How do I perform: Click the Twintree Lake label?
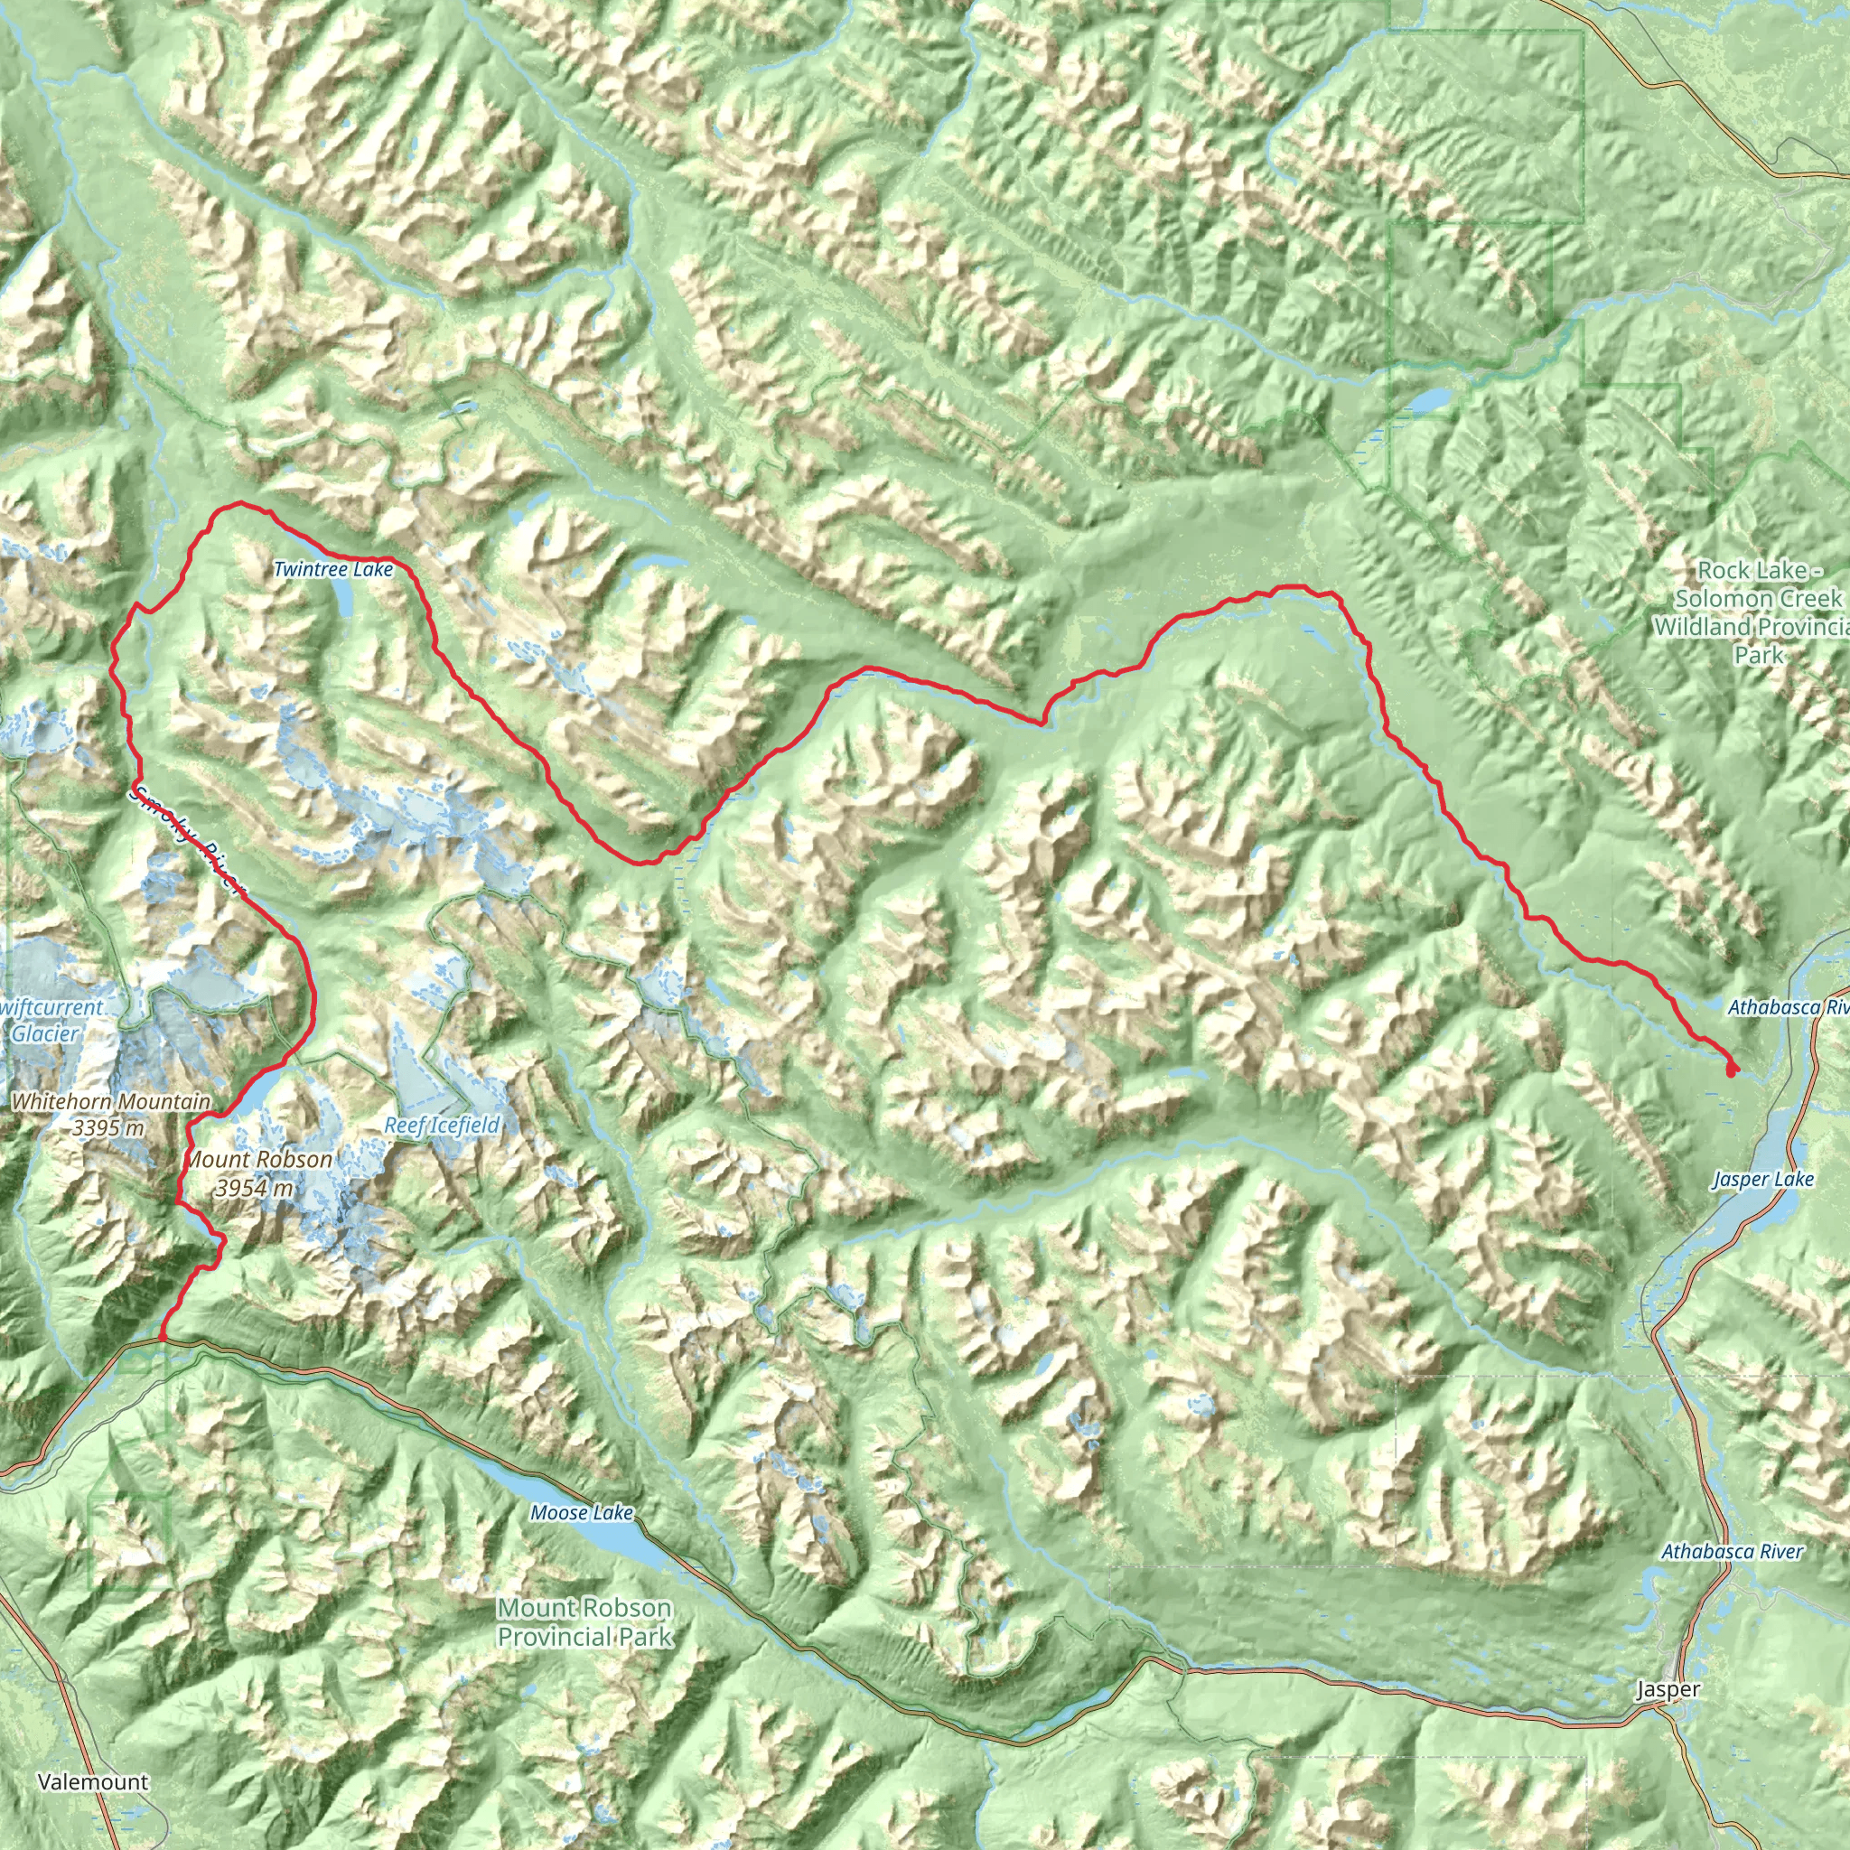pos(332,570)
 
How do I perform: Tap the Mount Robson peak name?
pos(257,1160)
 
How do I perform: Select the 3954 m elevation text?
pos(254,1189)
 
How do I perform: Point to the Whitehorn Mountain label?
pos(110,1102)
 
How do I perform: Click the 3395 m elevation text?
pos(108,1128)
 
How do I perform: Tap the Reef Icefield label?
pos(442,1126)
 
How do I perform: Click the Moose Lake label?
pos(581,1512)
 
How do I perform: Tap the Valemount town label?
pos(93,1782)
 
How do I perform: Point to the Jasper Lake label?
pos(1763,1179)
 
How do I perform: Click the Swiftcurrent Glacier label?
pos(48,1020)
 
